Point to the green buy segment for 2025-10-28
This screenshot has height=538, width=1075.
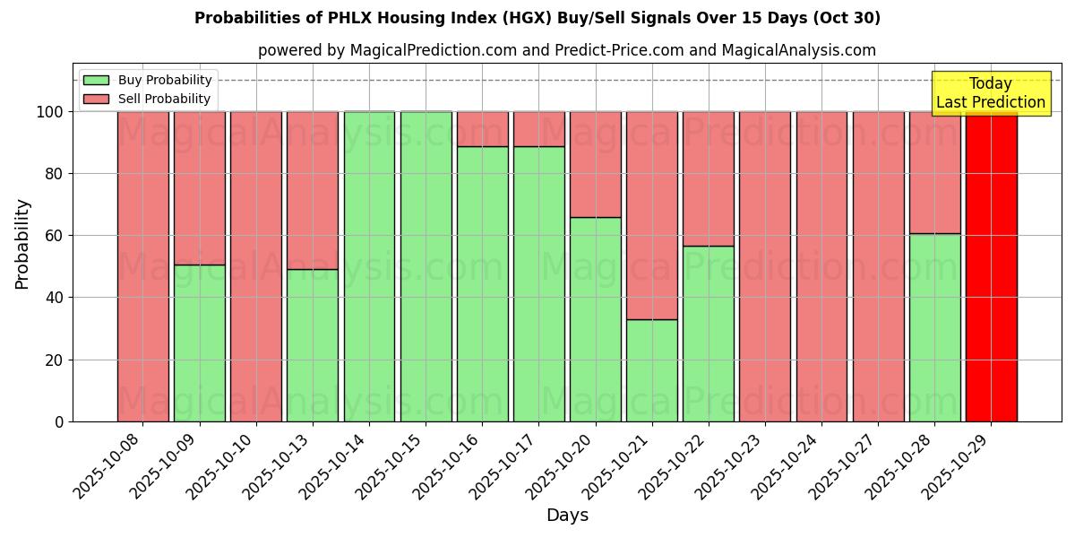pos(934,327)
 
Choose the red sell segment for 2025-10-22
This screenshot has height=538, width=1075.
pos(708,178)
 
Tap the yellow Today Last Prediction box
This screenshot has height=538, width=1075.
pos(990,93)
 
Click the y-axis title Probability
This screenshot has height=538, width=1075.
pos(22,243)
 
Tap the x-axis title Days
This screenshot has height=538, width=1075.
pos(567,516)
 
